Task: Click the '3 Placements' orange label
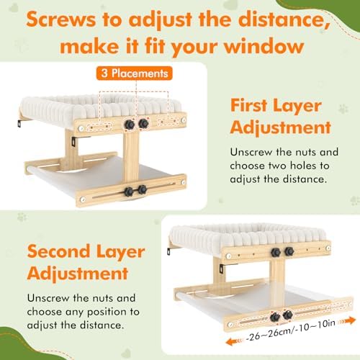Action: coord(135,73)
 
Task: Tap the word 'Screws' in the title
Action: coord(61,19)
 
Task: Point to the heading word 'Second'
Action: coord(59,252)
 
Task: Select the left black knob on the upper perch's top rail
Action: coord(130,125)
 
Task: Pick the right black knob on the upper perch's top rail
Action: coord(143,123)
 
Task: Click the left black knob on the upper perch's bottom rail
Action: coord(129,192)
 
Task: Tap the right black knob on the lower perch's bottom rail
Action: coord(287,315)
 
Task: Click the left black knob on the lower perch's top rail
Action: coord(276,253)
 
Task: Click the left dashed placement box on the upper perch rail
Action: coord(99,127)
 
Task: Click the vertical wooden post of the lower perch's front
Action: coord(277,283)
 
